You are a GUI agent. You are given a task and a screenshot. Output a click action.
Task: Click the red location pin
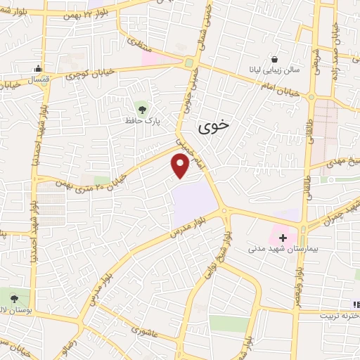181,166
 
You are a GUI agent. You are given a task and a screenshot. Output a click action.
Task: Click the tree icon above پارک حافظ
143,108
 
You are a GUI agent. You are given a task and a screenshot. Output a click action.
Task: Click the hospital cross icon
283,238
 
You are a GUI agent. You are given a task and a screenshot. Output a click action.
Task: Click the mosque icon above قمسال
39,69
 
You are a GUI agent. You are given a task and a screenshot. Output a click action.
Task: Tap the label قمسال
36,80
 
